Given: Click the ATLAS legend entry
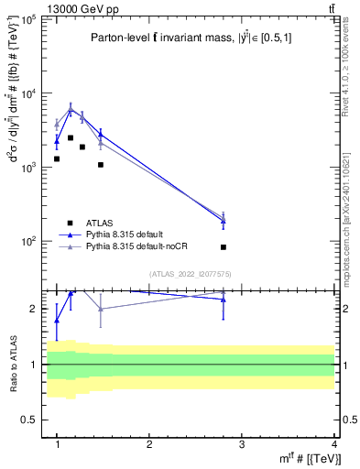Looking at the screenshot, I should pos(101,223).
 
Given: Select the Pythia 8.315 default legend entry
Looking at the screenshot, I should pos(129,234).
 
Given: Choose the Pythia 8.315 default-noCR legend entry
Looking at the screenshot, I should pos(137,246).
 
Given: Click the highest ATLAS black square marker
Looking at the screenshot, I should pos(71,137).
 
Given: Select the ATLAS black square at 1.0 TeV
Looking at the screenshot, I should pos(57,158).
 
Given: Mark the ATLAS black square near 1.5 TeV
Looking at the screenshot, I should pos(101,165).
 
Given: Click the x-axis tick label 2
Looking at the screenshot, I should pos(149,444).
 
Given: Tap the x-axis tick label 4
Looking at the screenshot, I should pos(334,444).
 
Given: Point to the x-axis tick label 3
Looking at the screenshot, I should pos(242,444).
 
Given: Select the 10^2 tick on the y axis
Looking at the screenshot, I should pos(27,242).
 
